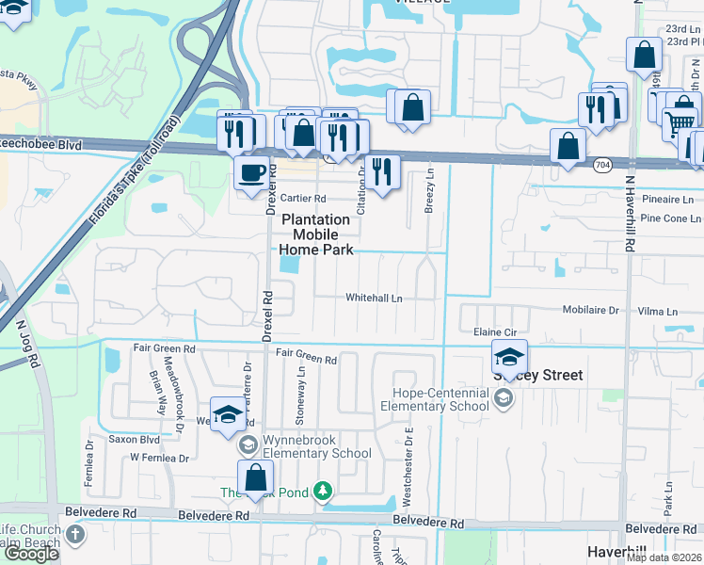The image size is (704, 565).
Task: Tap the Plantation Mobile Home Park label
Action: (x=317, y=234)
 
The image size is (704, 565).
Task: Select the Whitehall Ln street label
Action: (x=374, y=299)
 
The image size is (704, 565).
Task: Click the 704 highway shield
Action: (x=602, y=165)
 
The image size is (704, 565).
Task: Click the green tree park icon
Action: (x=323, y=491)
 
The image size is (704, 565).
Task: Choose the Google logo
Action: (x=31, y=554)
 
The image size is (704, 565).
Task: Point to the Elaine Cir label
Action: (x=495, y=332)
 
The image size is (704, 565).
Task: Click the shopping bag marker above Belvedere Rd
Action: (x=255, y=477)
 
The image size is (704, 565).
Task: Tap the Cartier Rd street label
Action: (x=303, y=199)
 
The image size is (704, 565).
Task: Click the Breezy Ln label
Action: (x=429, y=191)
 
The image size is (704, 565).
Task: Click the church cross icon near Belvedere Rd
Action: (x=75, y=535)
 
